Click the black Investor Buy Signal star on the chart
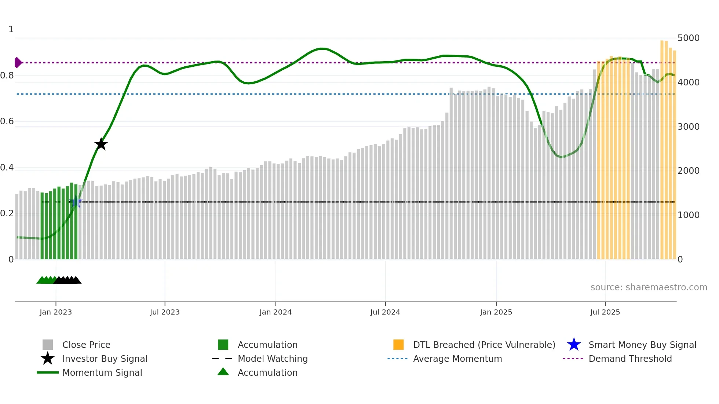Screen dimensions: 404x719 (101, 144)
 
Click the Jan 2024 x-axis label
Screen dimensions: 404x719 (275, 312)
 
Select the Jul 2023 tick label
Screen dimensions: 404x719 (165, 312)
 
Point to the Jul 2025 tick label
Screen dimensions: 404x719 (605, 312)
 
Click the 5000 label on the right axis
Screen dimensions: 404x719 (688, 38)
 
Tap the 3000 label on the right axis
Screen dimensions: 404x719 (688, 127)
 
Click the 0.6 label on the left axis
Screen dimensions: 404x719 (7, 121)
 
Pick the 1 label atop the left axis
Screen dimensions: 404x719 (11, 29)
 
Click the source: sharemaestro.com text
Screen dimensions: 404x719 (649, 287)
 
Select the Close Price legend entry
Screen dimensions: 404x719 (86, 345)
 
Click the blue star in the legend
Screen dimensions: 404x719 (574, 345)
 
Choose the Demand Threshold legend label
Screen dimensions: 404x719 (630, 359)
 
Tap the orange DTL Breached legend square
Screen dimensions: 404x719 (398, 345)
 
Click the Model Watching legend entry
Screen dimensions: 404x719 (273, 359)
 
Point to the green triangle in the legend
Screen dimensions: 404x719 (223, 372)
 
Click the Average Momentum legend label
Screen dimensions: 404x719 (457, 359)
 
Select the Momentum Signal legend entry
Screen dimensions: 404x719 (102, 372)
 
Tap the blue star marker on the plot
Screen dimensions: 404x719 (76, 202)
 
